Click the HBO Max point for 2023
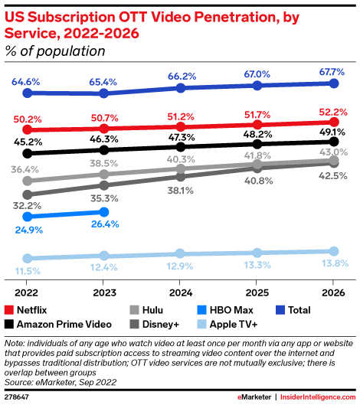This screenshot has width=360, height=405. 105,211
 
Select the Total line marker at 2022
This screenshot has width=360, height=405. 28,93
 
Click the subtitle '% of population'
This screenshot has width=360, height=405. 55,52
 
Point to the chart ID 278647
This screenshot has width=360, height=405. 18,396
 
